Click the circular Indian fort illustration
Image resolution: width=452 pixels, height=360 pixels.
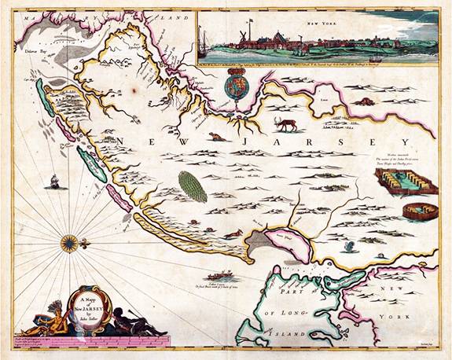[x=413, y=211]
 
